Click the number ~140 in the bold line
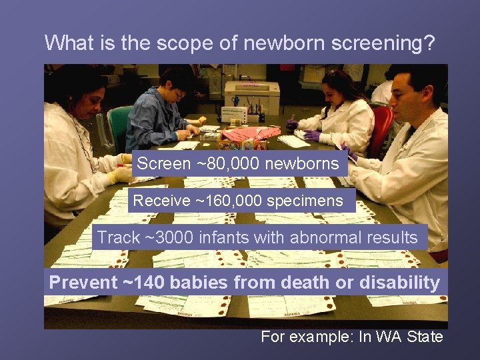point(146,283)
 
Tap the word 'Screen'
point(163,164)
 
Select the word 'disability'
point(399,283)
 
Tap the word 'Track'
point(119,237)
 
